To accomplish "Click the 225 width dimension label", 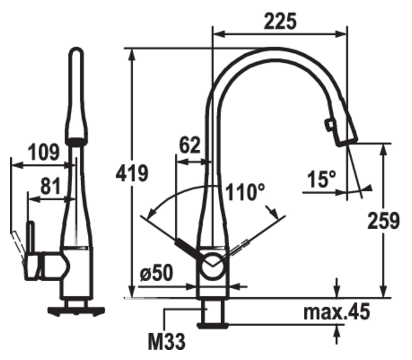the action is point(280,21).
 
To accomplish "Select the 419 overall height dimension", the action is point(132,173).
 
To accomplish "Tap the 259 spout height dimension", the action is point(383,221).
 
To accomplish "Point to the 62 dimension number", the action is point(190,145).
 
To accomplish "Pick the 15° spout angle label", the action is point(321,179).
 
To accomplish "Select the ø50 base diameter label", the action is point(157,272).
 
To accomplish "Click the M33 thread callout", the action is point(167,341).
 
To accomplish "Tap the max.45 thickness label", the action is point(337,312).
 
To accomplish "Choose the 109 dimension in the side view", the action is point(43,152).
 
